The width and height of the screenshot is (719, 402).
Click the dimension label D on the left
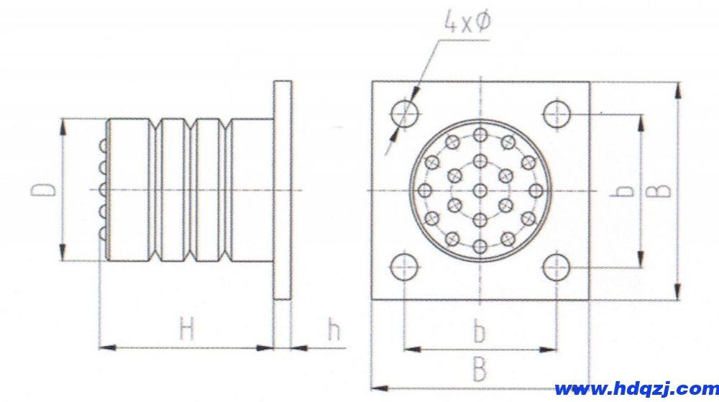coord(44,190)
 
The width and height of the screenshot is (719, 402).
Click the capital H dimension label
coord(187,330)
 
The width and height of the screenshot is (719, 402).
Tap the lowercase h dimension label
coord(333,330)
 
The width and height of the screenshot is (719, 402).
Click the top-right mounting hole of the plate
coord(557,114)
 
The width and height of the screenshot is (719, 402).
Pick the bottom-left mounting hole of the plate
coord(404,268)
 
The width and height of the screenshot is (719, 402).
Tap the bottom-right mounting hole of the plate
coord(557,268)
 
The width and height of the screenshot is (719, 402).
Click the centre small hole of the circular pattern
coord(480,191)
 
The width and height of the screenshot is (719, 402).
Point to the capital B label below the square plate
coord(480,370)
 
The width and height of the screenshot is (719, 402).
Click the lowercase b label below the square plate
coord(480,332)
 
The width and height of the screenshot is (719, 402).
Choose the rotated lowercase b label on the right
coord(626,191)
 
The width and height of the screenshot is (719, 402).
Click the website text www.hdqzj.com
coord(636,389)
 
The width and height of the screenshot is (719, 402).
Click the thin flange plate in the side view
coord(283,190)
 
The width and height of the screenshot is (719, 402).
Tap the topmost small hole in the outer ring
coord(480,134)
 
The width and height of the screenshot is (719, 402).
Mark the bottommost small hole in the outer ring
coord(480,247)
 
